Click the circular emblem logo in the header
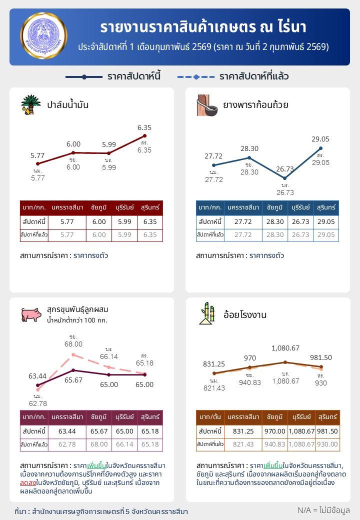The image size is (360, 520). (x=44, y=36)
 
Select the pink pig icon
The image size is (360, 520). (x=31, y=314)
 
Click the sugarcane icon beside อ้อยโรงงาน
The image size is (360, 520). (x=207, y=313)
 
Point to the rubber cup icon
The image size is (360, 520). (x=206, y=104)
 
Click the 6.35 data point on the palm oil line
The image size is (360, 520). (x=144, y=135)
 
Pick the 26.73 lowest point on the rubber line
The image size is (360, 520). (x=284, y=178)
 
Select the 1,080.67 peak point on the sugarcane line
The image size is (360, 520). (x=285, y=362)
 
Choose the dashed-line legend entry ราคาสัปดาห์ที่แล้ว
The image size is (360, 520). (x=232, y=77)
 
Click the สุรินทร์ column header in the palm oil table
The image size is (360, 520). (x=150, y=207)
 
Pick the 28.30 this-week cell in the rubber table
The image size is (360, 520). (x=272, y=222)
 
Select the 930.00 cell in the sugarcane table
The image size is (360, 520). (x=327, y=444)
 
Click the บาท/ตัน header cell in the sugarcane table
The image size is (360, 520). (x=209, y=417)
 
